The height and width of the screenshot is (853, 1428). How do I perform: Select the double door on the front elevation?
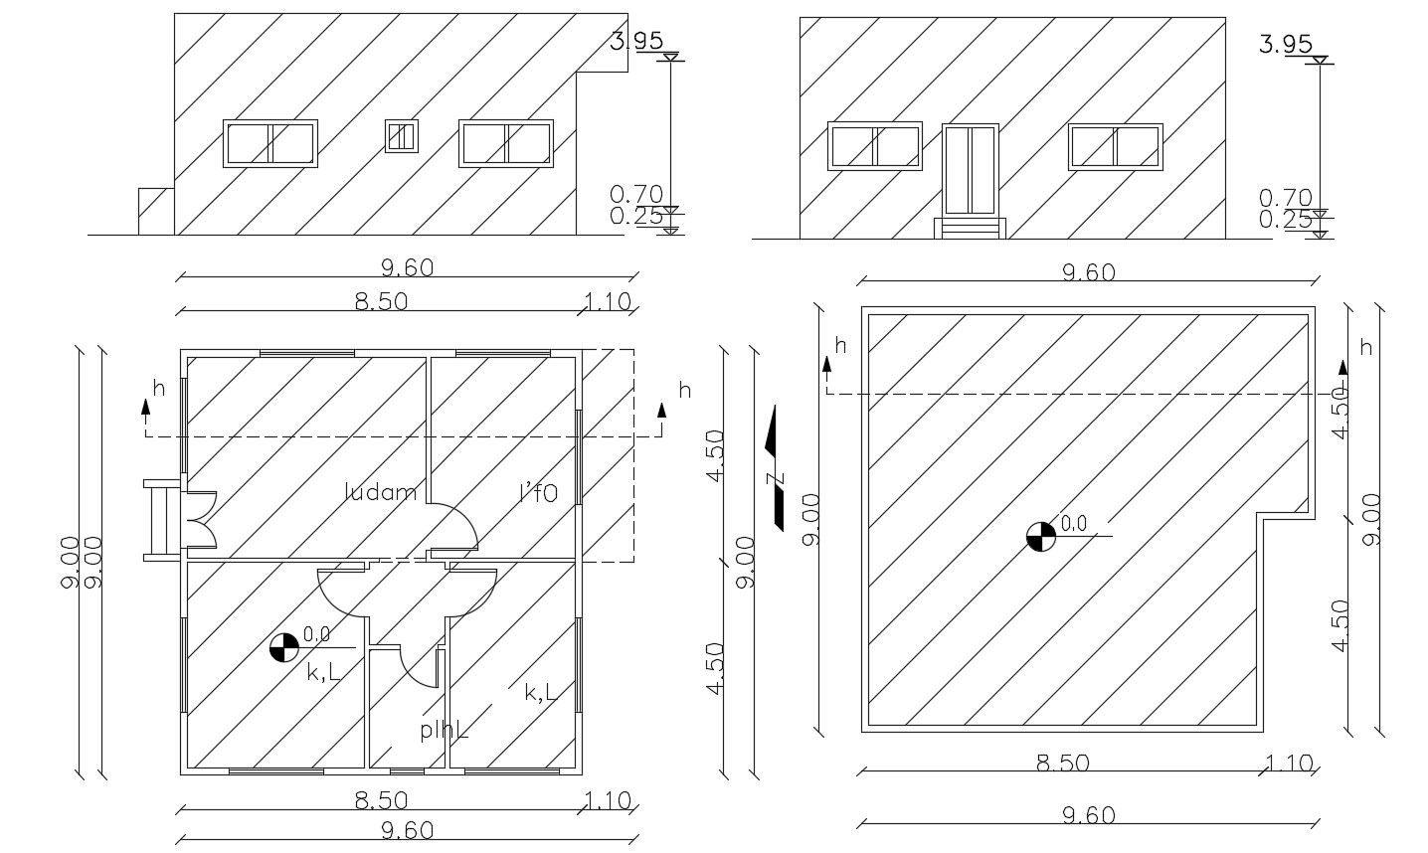(970, 170)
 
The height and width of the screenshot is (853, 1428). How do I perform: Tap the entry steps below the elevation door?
(969, 229)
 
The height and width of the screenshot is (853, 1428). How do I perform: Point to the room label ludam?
(380, 491)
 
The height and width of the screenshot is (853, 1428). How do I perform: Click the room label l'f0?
(539, 491)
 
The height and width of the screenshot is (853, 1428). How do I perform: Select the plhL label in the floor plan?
(444, 730)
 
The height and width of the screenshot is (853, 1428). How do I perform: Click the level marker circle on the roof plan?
(1039, 536)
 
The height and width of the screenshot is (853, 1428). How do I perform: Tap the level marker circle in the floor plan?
(284, 648)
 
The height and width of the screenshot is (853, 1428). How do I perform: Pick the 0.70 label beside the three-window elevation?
(636, 195)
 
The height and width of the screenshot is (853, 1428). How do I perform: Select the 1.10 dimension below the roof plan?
(1290, 764)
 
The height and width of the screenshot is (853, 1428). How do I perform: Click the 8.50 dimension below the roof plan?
(1062, 764)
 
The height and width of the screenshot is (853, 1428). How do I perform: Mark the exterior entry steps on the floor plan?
(160, 520)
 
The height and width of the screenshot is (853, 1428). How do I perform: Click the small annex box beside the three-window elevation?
(155, 211)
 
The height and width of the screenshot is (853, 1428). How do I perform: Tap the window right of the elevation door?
(1116, 147)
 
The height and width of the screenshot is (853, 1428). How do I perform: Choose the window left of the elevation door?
(874, 147)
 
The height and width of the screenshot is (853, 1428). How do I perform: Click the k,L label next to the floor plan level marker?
(323, 672)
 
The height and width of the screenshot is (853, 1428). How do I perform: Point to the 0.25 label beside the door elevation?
(1285, 220)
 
